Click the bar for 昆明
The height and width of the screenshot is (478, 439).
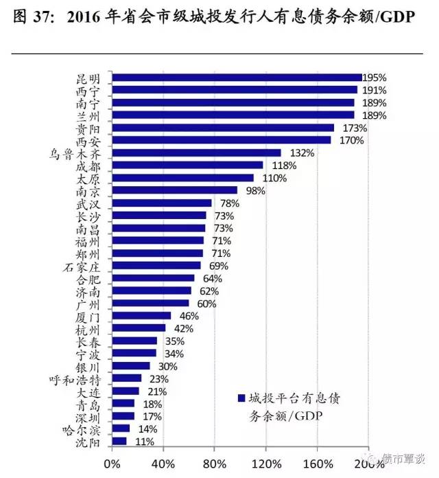click(x=237, y=78)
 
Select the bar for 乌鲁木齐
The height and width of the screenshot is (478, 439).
click(x=196, y=153)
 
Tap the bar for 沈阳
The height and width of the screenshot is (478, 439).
click(x=119, y=441)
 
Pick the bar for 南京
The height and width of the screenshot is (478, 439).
click(x=175, y=190)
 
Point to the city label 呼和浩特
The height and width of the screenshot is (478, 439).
click(x=78, y=378)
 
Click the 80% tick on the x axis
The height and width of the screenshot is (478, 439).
click(x=215, y=462)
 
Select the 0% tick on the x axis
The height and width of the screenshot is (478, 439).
click(x=112, y=462)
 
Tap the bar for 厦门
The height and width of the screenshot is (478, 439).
click(x=141, y=316)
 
